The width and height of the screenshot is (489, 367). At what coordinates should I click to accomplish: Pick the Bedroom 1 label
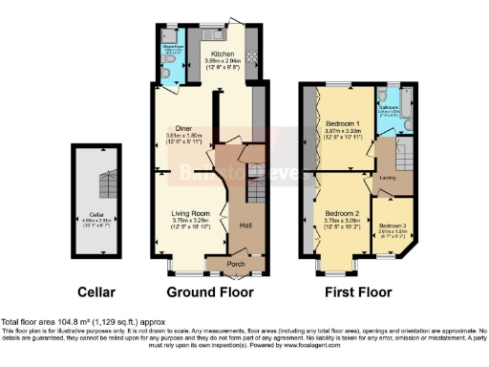(343, 125)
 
